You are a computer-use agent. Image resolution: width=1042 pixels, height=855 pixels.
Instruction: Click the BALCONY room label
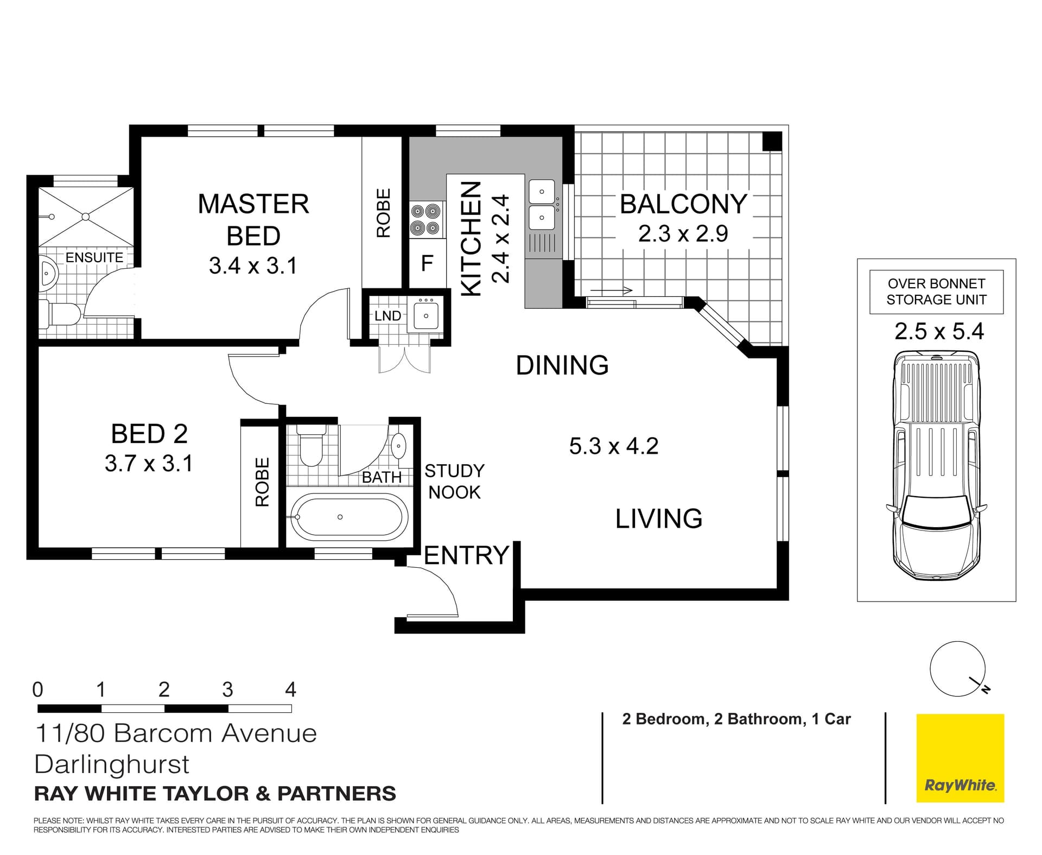tap(683, 204)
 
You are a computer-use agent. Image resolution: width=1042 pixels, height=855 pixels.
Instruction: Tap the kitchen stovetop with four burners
tap(425, 219)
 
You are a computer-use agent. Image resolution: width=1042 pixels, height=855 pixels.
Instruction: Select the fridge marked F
tap(427, 263)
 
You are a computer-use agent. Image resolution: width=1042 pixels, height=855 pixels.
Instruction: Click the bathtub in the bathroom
tap(350, 517)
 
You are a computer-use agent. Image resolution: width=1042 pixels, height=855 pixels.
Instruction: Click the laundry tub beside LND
tap(426, 315)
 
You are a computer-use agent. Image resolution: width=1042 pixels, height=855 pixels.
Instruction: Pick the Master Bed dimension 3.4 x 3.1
tap(253, 266)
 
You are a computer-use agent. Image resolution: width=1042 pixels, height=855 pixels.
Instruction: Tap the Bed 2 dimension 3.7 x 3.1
tap(149, 464)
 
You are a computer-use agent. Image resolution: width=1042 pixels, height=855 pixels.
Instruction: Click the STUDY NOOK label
tap(454, 482)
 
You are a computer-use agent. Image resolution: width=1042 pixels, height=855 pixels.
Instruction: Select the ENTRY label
tap(466, 555)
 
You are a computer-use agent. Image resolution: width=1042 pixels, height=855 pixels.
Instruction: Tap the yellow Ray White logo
tap(960, 758)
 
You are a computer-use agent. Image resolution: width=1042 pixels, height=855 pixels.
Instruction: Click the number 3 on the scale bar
tap(227, 689)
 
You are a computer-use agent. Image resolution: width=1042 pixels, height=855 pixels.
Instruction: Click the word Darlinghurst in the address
tap(112, 764)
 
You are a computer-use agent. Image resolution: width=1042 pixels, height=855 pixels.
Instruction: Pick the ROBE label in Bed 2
tap(262, 482)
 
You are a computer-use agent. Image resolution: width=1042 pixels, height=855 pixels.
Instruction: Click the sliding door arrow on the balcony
tap(612, 290)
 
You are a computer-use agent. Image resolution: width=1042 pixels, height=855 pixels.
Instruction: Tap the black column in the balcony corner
tap(772, 142)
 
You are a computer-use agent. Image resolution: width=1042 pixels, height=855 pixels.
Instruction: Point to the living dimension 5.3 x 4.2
tap(614, 446)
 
